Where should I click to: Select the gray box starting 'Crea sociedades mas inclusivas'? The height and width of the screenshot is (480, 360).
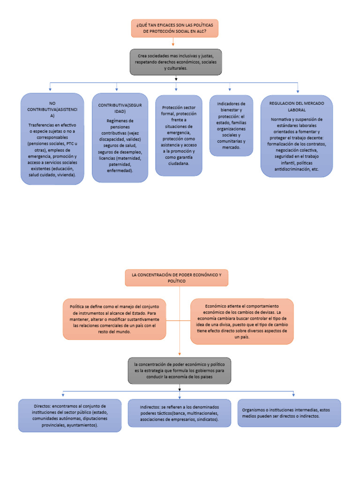[x=175, y=62]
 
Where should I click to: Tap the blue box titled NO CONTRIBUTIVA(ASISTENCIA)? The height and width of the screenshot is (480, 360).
[x=52, y=139]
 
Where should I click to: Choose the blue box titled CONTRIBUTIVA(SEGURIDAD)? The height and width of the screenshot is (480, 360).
[x=120, y=138]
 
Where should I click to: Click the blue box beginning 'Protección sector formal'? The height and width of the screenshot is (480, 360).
[x=179, y=135]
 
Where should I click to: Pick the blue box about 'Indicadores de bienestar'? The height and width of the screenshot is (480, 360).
[x=231, y=125]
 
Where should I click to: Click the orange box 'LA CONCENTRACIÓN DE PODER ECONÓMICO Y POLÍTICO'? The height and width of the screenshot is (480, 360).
[x=177, y=277]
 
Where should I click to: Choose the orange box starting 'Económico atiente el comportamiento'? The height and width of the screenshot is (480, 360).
[x=242, y=321]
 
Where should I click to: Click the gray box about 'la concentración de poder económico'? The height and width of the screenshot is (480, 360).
[x=179, y=370]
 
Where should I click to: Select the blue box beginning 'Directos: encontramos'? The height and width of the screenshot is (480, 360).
[x=70, y=415]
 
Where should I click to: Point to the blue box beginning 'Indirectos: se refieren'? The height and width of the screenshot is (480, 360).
[x=179, y=413]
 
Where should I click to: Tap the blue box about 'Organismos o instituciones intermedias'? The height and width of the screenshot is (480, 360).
[x=289, y=413]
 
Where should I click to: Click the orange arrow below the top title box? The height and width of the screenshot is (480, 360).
[x=173, y=43]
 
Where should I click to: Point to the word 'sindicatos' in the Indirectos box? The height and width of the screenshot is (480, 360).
[x=206, y=420]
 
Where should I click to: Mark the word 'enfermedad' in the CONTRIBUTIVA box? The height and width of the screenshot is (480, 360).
[x=119, y=171]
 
